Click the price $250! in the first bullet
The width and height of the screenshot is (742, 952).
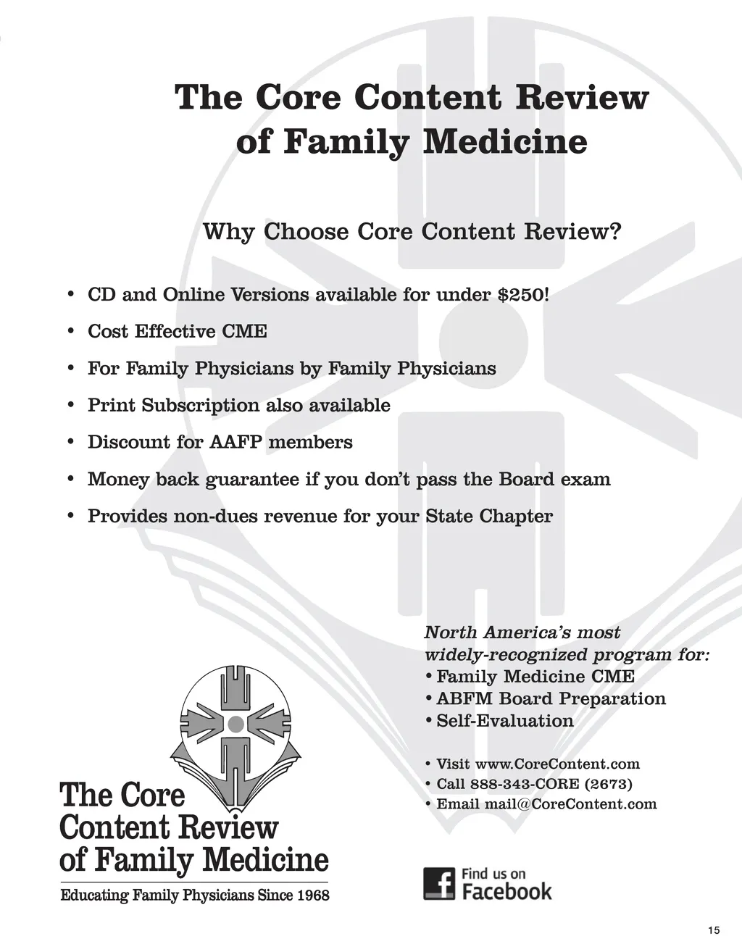tap(523, 295)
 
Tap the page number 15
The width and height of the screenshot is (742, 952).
tap(714, 930)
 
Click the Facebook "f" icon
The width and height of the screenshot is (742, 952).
tap(439, 884)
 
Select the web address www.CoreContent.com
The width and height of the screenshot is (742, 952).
tap(557, 764)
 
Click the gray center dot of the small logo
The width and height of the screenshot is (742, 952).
tap(235, 723)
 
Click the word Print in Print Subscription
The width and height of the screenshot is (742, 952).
tap(112, 405)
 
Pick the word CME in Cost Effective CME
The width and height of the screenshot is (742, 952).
tap(244, 331)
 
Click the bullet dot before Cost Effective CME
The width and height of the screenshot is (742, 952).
tap(70, 331)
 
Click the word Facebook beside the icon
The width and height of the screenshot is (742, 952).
tap(507, 892)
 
